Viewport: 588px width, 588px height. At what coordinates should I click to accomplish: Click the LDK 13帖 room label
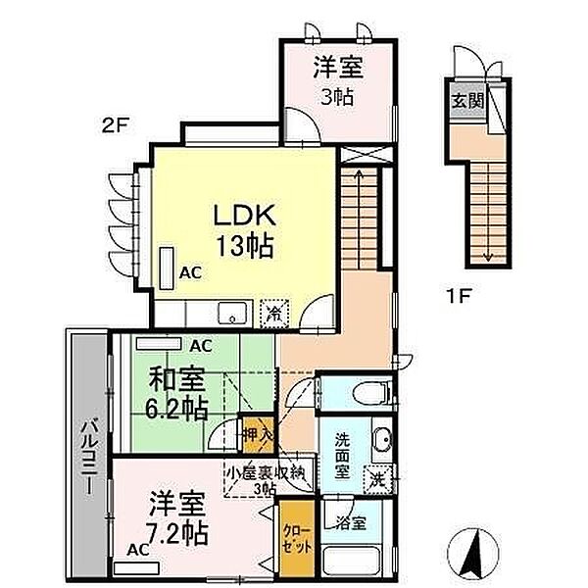coord(244,230)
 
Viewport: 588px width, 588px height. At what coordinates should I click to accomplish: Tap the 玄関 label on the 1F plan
coord(467,101)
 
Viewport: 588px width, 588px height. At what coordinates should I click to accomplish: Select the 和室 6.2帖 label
coord(177,394)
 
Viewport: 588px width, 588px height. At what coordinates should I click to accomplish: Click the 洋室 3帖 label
coord(338,80)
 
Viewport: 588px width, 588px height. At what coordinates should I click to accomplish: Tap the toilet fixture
coord(371,393)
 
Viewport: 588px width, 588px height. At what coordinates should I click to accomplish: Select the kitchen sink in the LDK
coord(233,313)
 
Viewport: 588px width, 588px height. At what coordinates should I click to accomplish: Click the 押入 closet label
coord(258,435)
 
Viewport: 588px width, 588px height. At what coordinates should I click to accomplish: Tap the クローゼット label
coord(297,540)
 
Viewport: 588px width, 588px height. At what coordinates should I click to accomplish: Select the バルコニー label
coord(90,457)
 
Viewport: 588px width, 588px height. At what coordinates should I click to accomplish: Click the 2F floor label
coord(116,125)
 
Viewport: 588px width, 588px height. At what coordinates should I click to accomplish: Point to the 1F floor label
coord(459,297)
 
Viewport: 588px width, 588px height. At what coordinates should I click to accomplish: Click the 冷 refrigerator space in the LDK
coord(274,315)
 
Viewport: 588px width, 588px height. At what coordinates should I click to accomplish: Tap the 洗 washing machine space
coord(378,479)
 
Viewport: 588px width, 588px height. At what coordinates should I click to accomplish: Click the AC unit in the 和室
coord(159,344)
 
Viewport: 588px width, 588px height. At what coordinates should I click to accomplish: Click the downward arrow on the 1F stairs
coord(487,211)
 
